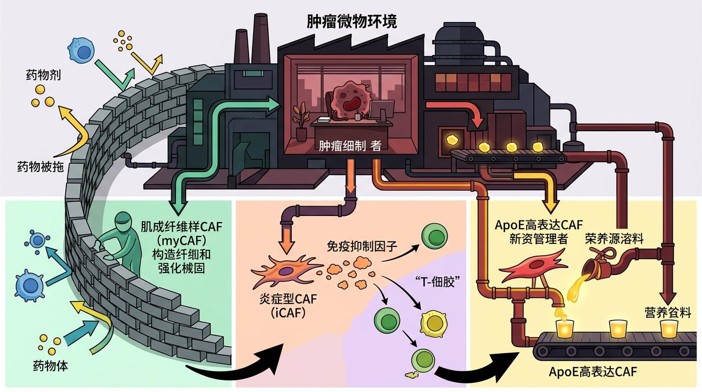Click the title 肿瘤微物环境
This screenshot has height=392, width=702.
click(352, 21)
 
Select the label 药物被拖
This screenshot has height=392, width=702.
click(40, 166)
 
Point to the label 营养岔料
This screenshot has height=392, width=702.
click(668, 312)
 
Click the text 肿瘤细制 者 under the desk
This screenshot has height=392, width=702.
click(349, 146)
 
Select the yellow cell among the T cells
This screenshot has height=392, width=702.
click(432, 321)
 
